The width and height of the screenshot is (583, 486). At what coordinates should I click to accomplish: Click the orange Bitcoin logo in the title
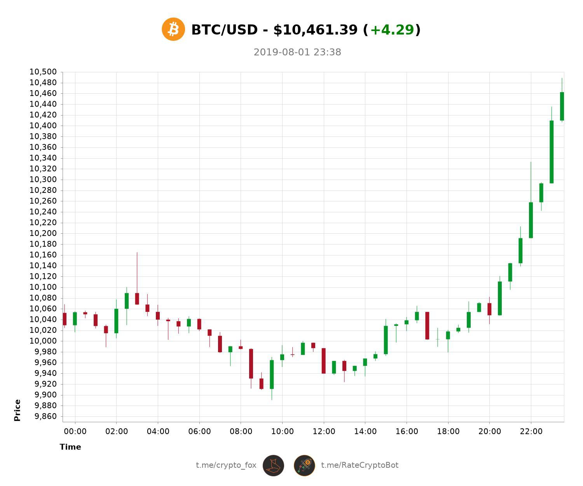pyautogui.click(x=173, y=29)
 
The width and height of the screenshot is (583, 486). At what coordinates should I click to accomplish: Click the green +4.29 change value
pyautogui.click(x=392, y=30)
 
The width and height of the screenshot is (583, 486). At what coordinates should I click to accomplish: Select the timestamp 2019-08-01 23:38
pyautogui.click(x=297, y=52)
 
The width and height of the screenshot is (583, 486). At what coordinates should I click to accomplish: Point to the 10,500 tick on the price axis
pyautogui.click(x=43, y=72)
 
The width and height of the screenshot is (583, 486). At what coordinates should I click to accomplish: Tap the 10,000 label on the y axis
pyautogui.click(x=43, y=341)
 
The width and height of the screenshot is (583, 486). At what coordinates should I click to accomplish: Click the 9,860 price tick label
pyautogui.click(x=45, y=416)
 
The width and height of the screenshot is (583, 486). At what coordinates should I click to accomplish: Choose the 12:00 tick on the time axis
pyautogui.click(x=324, y=432)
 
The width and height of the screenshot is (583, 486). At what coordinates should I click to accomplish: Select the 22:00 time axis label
pyautogui.click(x=531, y=432)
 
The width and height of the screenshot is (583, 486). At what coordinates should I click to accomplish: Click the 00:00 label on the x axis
pyautogui.click(x=75, y=432)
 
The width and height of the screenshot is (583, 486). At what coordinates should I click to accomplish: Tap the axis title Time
pyautogui.click(x=70, y=447)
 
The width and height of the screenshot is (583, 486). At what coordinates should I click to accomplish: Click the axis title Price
pyautogui.click(x=17, y=410)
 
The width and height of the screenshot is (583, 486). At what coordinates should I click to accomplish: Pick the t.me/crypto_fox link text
pyautogui.click(x=226, y=465)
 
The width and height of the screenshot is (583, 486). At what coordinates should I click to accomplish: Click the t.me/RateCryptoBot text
pyautogui.click(x=360, y=465)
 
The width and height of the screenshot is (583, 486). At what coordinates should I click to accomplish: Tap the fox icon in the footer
pyautogui.click(x=273, y=465)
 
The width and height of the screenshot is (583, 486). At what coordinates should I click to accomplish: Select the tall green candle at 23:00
pyautogui.click(x=552, y=152)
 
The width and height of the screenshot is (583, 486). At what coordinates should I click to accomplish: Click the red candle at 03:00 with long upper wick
pyautogui.click(x=137, y=299)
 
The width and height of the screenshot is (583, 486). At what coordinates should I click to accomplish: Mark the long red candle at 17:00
pyautogui.click(x=427, y=326)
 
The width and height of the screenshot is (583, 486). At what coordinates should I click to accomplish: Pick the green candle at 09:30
pyautogui.click(x=272, y=374)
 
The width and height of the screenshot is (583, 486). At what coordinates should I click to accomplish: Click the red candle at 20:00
pyautogui.click(x=489, y=309)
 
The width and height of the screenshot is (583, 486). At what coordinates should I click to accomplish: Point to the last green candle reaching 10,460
pyautogui.click(x=562, y=106)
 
